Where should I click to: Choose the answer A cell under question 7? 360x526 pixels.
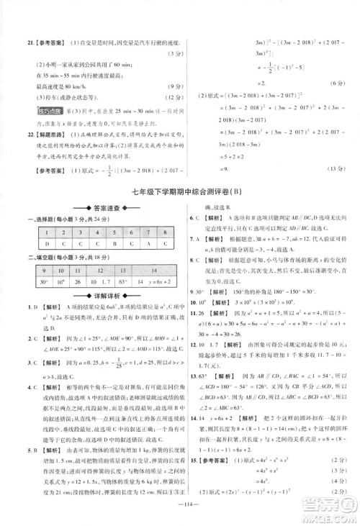[148, 245]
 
